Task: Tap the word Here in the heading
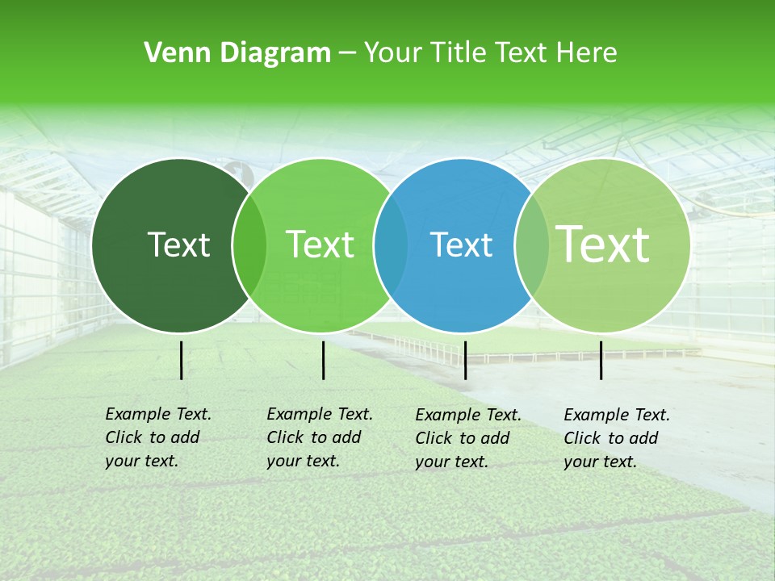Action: pos(587,53)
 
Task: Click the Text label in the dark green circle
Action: pos(178,245)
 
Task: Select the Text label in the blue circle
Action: pos(461,245)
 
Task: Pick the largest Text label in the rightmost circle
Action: pos(603,244)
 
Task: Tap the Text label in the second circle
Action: pos(320,245)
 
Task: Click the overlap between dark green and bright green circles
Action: pos(249,245)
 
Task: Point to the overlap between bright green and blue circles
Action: pos(391,245)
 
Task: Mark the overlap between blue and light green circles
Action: pos(532,245)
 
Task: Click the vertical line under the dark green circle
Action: pos(181,360)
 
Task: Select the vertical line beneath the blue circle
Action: pos(465,360)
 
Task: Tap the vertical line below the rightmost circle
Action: pos(601,360)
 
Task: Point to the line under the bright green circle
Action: pos(323,360)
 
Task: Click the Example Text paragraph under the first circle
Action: pos(158,437)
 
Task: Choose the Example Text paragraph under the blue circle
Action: pos(468,438)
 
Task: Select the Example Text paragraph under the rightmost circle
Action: pos(617,438)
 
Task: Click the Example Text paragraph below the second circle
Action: pos(320,437)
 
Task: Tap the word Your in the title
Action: pos(392,53)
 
